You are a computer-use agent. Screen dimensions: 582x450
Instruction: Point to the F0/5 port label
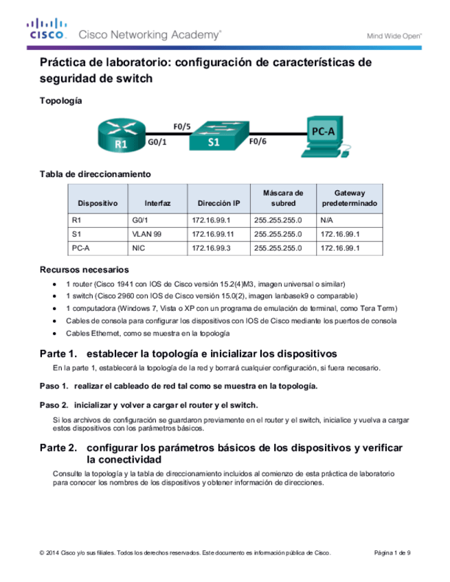tap(181, 126)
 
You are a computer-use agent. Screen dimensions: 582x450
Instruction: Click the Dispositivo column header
tap(98, 203)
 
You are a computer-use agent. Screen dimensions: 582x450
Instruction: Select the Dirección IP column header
tap(218, 203)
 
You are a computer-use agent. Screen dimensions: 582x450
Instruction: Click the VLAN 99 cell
tap(146, 234)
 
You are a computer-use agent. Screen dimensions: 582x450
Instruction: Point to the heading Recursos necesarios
tap(85, 269)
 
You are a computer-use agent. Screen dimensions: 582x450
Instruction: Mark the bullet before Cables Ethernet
tap(56, 333)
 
